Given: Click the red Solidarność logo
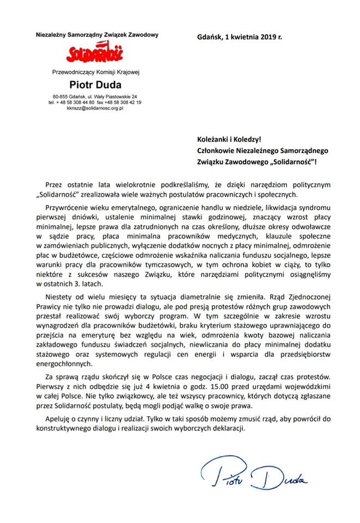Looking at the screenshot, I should (94, 53).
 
